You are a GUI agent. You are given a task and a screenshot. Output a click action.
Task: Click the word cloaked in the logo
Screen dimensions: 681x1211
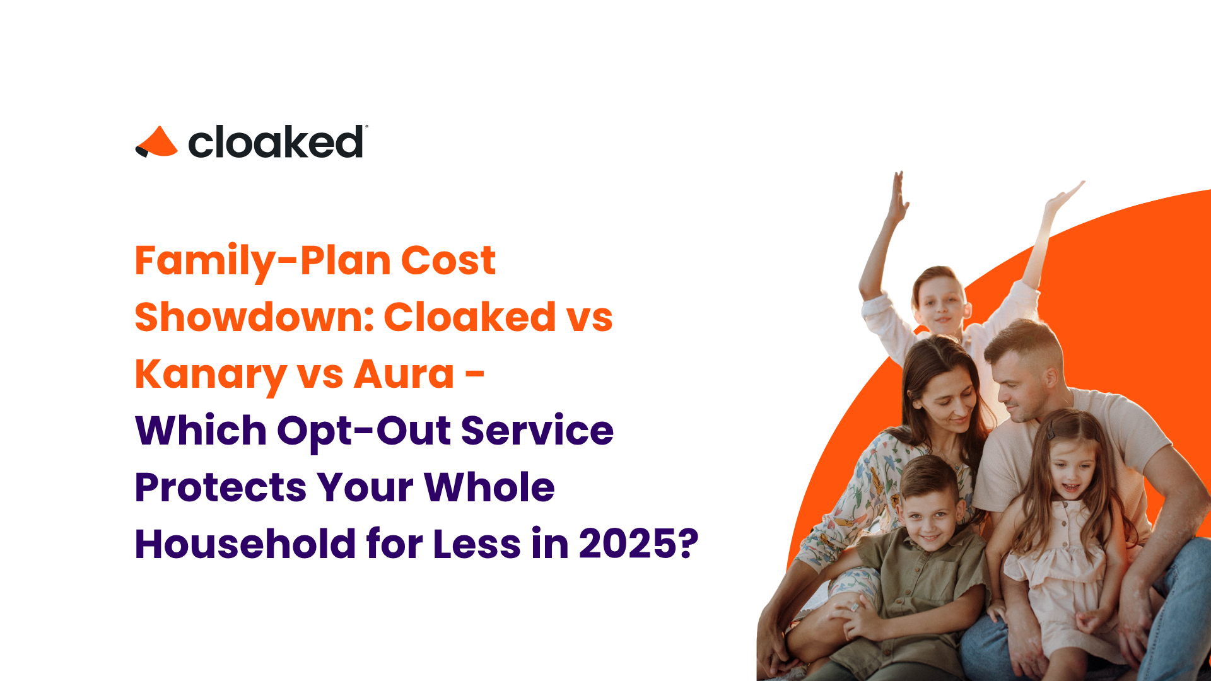coord(276,142)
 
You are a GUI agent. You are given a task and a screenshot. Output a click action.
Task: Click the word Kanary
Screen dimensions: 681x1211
coord(211,375)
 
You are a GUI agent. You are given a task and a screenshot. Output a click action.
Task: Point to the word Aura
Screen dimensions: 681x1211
coord(404,375)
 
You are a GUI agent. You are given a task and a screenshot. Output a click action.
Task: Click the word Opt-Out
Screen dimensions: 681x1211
coord(364,431)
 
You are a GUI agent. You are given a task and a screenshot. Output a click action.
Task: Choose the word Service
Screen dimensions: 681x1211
coord(537,431)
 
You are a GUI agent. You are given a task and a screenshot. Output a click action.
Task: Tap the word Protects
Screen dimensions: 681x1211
coord(221,487)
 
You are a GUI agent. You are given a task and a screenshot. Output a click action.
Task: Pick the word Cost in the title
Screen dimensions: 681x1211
coord(448,261)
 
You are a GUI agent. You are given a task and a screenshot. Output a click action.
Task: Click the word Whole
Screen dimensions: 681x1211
coord(489,487)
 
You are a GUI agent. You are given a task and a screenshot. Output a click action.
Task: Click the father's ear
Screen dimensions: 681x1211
coord(1052,378)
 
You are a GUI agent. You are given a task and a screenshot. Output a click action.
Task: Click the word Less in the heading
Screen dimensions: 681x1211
coord(477,544)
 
